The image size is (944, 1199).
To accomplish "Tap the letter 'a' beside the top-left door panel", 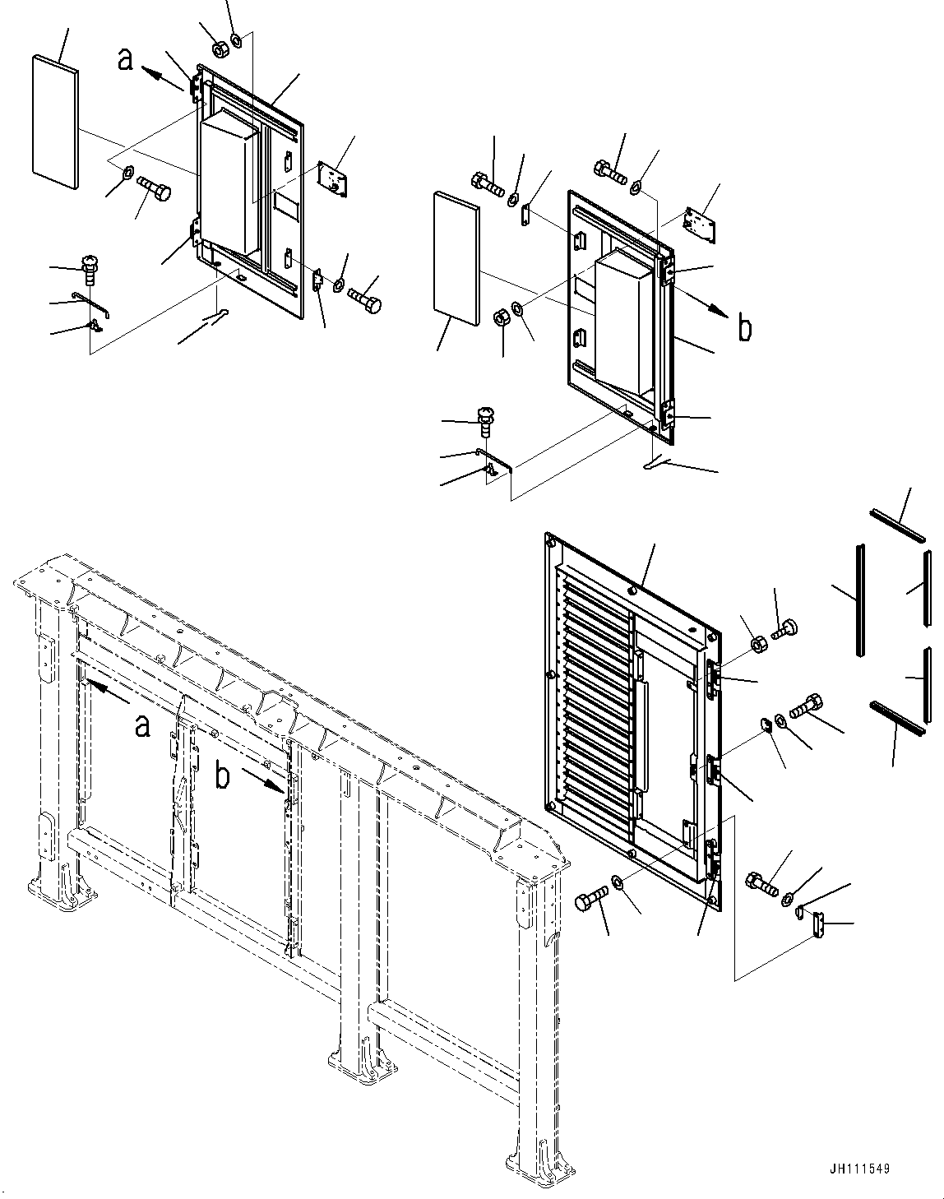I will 126,59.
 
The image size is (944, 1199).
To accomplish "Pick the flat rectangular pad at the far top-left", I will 56,118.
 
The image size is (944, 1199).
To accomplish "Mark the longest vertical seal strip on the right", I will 860,600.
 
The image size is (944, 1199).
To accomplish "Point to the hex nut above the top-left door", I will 220,50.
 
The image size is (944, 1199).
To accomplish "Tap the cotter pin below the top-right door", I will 654,465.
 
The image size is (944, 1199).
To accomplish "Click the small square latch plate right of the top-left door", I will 331,180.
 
